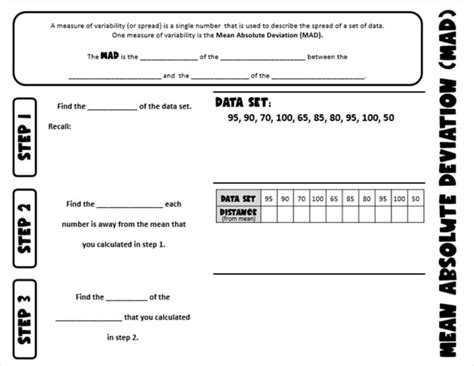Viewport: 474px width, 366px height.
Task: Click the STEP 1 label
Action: coord(27,136)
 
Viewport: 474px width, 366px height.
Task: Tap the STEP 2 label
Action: coord(27,228)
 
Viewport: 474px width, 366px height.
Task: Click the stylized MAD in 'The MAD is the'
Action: coord(110,56)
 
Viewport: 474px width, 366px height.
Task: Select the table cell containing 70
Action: coord(301,199)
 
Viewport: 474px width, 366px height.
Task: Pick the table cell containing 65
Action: coord(333,199)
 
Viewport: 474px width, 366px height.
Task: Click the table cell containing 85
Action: coord(349,199)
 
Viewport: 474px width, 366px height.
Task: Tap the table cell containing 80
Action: coord(366,199)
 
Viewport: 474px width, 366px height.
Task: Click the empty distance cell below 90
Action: coord(285,213)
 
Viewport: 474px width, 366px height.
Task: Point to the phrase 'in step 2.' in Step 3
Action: coord(123,338)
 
